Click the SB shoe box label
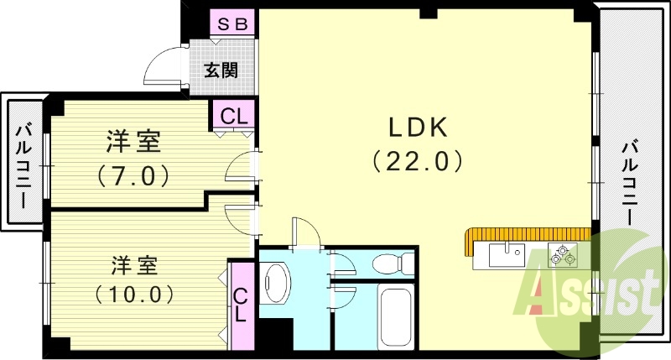(x=233, y=24)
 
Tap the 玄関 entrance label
(x=221, y=70)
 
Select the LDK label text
(x=418, y=128)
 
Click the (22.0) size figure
(x=417, y=161)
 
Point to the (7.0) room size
(x=133, y=175)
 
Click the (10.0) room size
(x=134, y=294)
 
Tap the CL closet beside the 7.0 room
(x=234, y=115)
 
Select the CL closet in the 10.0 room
(x=241, y=305)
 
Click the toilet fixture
(x=393, y=263)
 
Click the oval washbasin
(x=276, y=283)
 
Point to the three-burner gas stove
(x=562, y=253)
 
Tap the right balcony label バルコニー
(x=629, y=184)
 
